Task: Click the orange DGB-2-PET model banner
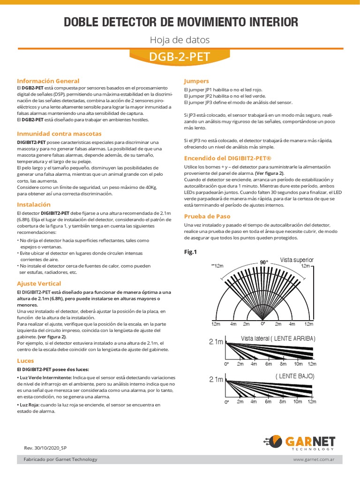pyautogui.click(x=180, y=57)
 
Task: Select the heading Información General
pyautogui.click(x=48, y=81)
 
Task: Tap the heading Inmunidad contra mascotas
pyautogui.click(x=59, y=134)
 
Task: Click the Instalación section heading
pyautogui.click(x=33, y=205)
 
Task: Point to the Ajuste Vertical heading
pyautogui.click(x=39, y=284)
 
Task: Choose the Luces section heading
pyautogui.click(x=26, y=361)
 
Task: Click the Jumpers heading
pyautogui.click(x=196, y=81)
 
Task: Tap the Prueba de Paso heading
pyautogui.click(x=207, y=216)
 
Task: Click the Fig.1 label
pyautogui.click(x=191, y=252)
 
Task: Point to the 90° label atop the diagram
pyautogui.click(x=264, y=262)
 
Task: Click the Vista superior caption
pyautogui.click(x=297, y=260)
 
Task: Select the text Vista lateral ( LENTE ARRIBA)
pyautogui.click(x=278, y=338)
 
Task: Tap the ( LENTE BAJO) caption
pyautogui.click(x=294, y=376)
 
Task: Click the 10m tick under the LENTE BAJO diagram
pyautogui.click(x=298, y=402)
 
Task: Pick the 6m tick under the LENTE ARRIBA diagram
pyautogui.click(x=268, y=364)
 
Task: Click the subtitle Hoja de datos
pyautogui.click(x=180, y=40)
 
